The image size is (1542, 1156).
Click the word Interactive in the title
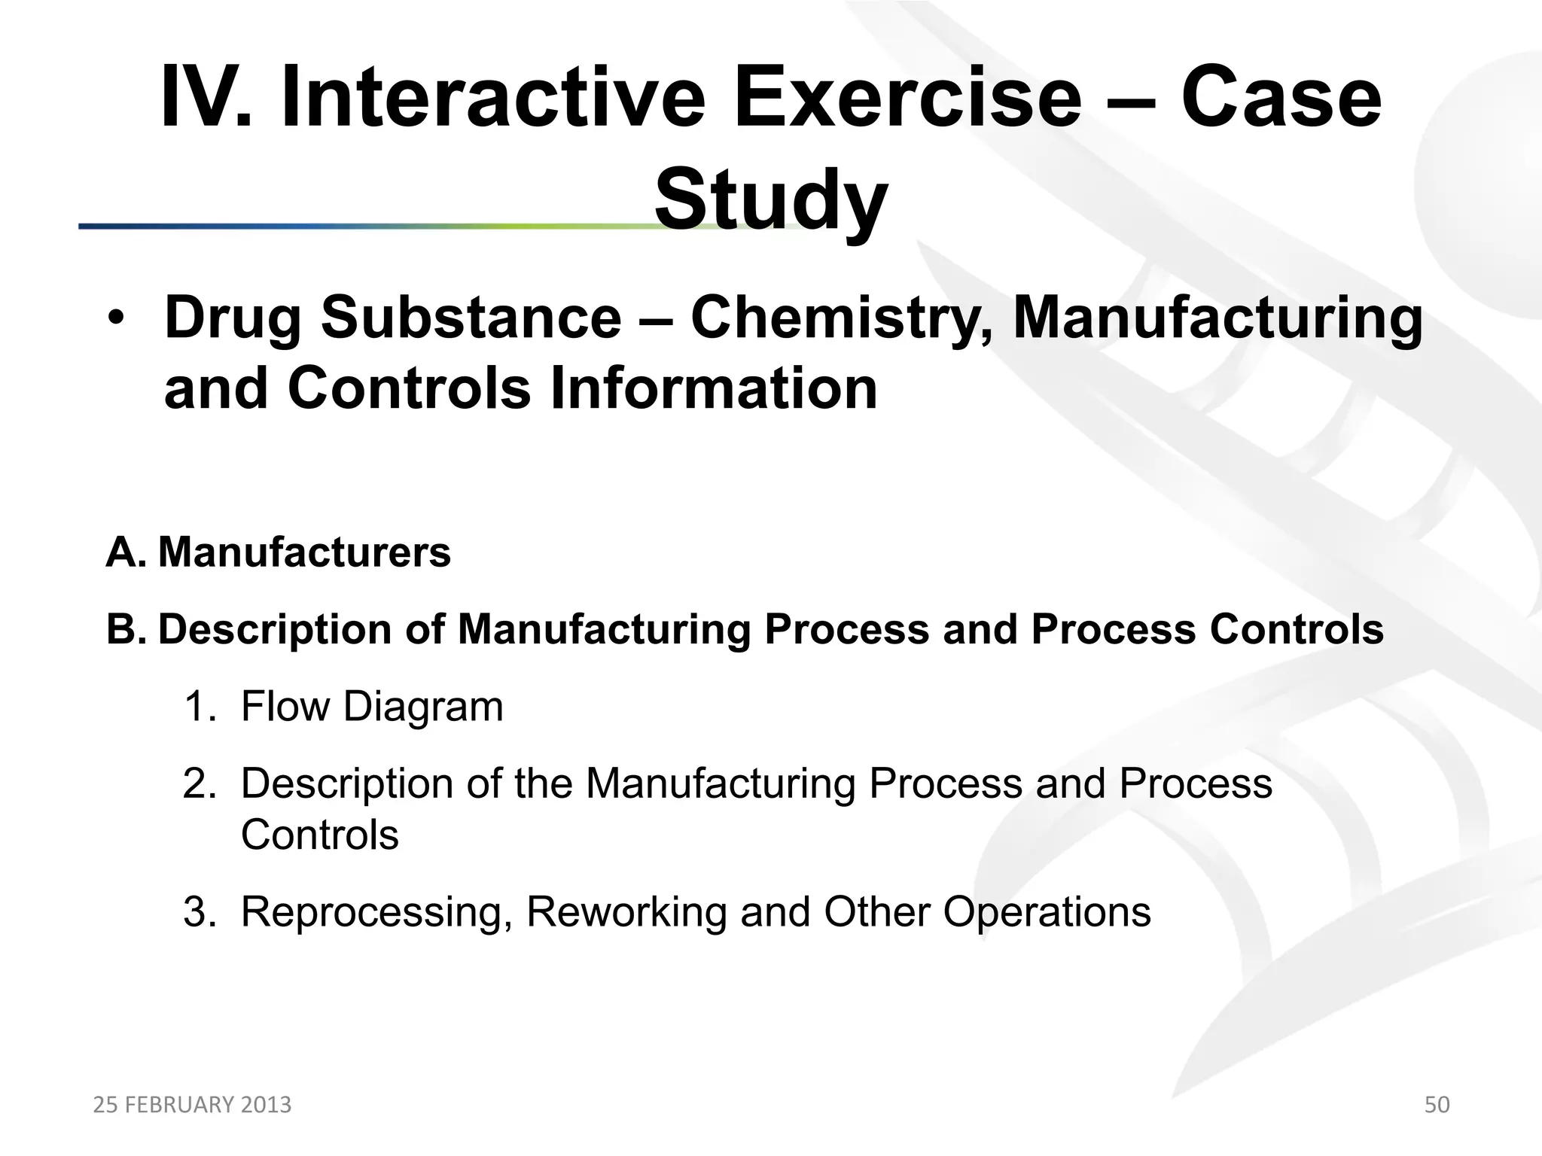point(492,99)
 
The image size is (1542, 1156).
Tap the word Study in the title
point(770,200)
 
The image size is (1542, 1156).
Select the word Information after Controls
point(714,388)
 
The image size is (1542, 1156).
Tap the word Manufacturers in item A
point(304,552)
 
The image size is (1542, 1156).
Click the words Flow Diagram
point(372,707)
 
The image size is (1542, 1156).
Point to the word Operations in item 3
point(1047,912)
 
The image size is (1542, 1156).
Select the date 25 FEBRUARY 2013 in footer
point(192,1105)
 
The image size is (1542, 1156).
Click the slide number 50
point(1437,1105)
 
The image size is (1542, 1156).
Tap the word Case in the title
point(1280,99)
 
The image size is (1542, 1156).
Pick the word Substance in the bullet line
point(471,318)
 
